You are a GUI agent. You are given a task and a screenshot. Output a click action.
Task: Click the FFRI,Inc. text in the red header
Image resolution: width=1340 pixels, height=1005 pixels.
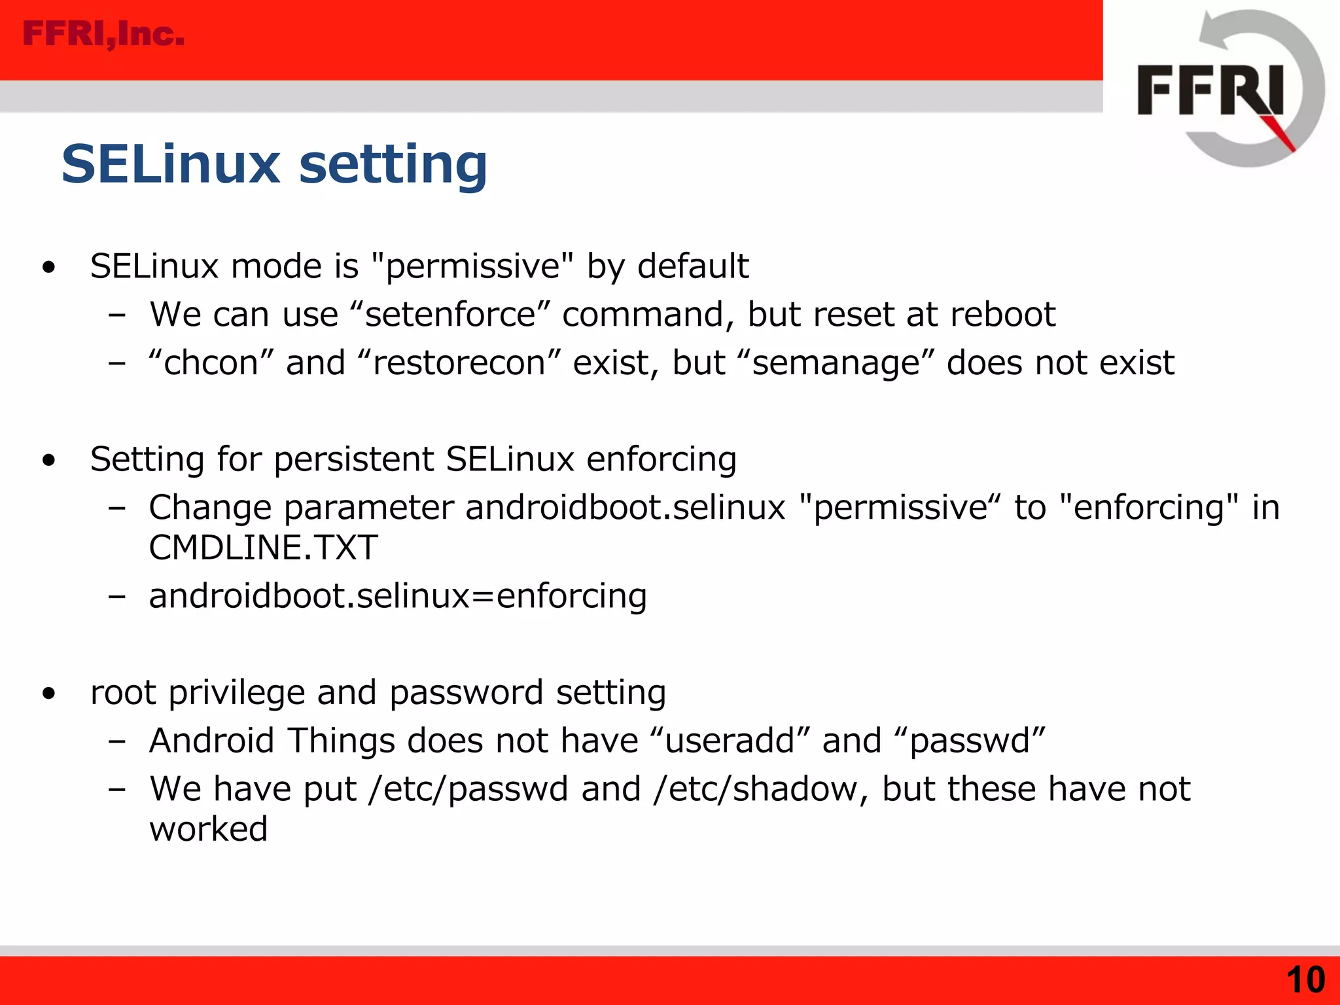[103, 34]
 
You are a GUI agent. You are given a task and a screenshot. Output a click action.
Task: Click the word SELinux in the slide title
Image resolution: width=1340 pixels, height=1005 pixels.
[171, 164]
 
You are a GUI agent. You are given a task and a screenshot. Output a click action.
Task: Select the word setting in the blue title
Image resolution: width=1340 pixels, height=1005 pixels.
[393, 164]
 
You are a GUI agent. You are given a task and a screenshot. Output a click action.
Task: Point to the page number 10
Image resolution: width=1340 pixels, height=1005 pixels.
[1305, 979]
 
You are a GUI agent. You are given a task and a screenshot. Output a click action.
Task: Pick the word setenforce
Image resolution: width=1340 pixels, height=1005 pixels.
[451, 315]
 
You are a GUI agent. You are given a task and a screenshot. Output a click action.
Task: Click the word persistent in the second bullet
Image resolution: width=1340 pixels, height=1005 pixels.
[353, 459]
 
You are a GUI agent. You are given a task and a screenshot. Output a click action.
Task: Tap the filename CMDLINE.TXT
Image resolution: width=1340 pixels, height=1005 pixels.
[263, 548]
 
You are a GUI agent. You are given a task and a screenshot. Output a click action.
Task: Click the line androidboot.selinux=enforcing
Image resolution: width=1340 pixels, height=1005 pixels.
[398, 596]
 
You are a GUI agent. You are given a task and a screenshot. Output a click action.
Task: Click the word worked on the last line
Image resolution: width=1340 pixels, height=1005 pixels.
[209, 830]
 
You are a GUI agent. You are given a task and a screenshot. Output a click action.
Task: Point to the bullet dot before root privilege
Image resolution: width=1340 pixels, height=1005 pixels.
[48, 694]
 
